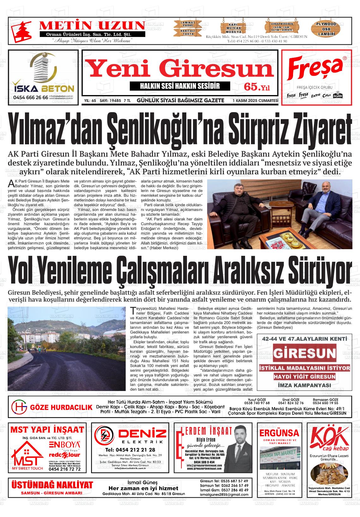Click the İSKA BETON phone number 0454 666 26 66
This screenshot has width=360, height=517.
click(31, 98)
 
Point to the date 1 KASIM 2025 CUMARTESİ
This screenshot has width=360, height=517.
click(255, 101)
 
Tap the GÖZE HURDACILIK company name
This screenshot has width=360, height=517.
click(61, 407)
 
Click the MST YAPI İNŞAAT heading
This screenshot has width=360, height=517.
click(47, 430)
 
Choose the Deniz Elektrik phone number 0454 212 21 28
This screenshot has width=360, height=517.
click(130, 450)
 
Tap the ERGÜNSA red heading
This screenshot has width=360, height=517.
click(279, 432)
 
